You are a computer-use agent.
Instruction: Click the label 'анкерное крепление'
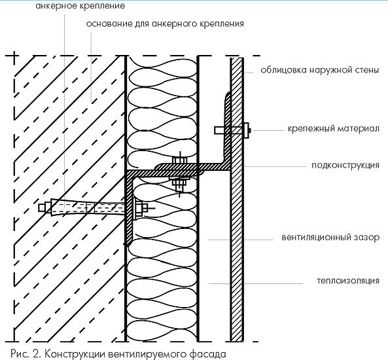pyautogui.click(x=80, y=6)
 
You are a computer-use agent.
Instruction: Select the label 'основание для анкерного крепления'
pyautogui.click(x=165, y=24)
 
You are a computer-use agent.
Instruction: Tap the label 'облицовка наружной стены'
pyautogui.click(x=320, y=70)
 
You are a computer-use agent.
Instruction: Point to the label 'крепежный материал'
pyautogui.click(x=333, y=128)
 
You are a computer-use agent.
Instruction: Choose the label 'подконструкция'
pyautogui.click(x=345, y=165)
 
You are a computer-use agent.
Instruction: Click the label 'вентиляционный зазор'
pyautogui.click(x=330, y=237)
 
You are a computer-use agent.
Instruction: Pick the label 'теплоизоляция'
pyautogui.click(x=348, y=281)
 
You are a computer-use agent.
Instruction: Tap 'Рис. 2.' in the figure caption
pyautogui.click(x=26, y=353)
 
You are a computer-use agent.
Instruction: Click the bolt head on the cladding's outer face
pyautogui.click(x=247, y=130)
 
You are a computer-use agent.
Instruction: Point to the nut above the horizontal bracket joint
pyautogui.click(x=180, y=160)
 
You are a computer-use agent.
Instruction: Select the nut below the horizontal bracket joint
pyautogui.click(x=180, y=183)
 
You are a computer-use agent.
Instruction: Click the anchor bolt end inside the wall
pyautogui.click(x=42, y=207)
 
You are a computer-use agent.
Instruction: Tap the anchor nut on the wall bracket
pyautogui.click(x=139, y=207)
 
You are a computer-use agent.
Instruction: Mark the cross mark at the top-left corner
pyautogui.click(x=14, y=56)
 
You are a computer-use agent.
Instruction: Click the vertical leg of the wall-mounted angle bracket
pyautogui.click(x=130, y=211)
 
